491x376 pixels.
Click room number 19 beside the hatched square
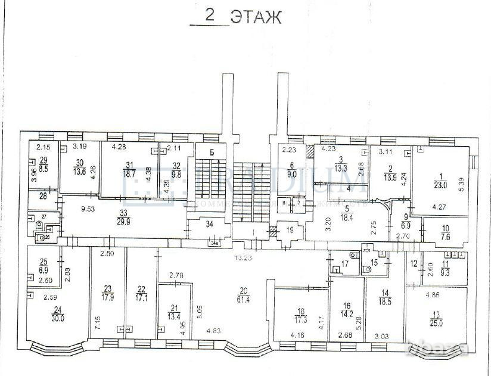[x=290, y=230]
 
